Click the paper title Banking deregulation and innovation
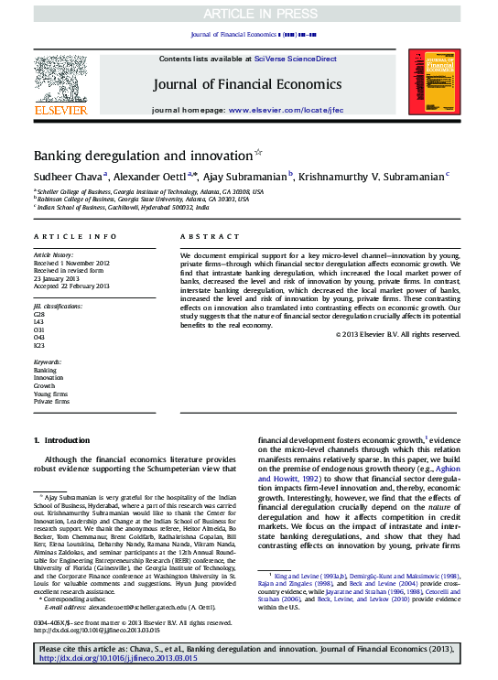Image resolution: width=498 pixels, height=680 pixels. click(143, 156)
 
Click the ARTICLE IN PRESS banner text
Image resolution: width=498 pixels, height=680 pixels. click(248, 12)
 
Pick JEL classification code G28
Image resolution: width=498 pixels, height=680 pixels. click(39, 313)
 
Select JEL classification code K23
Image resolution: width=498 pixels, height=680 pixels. click(39, 345)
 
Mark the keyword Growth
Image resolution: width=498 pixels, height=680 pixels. click(46, 385)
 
